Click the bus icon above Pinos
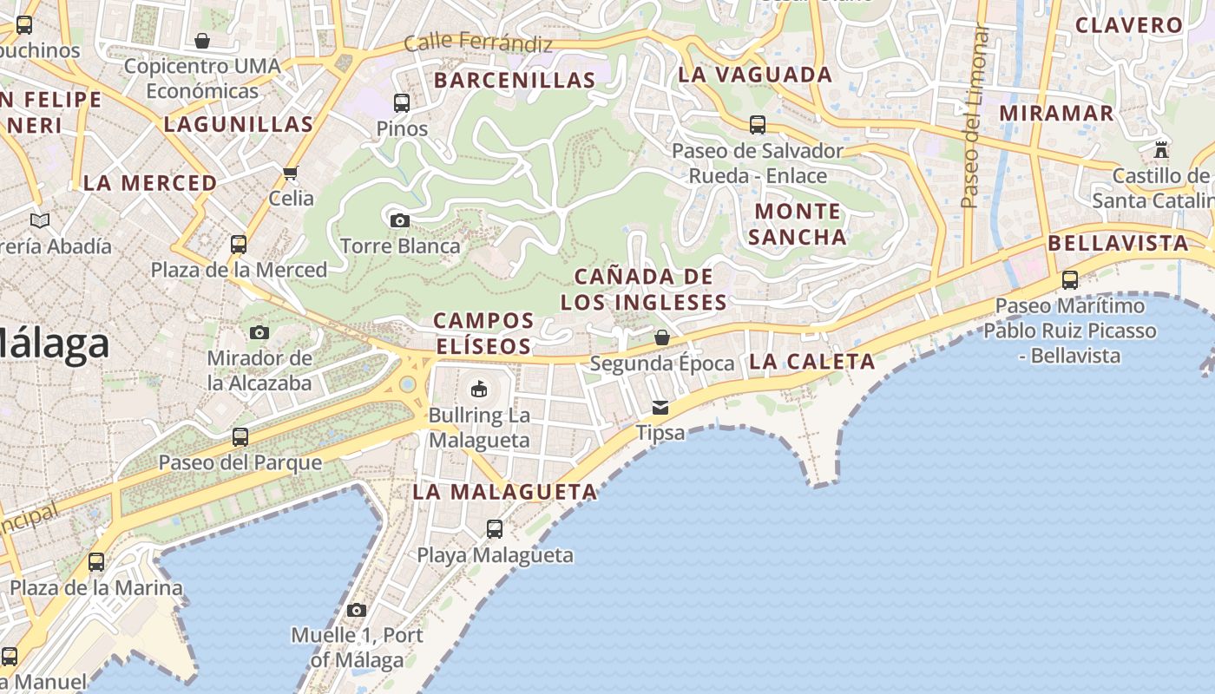coord(402,103)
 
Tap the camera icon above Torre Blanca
coord(400,220)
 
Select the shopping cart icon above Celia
coord(291,173)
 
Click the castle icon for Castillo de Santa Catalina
coord(1161,150)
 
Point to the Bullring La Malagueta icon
coord(479,389)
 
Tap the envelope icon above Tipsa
coord(661,407)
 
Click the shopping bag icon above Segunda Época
coord(662,337)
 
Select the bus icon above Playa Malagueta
coord(495,528)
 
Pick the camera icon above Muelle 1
coord(357,610)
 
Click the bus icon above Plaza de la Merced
coord(239,245)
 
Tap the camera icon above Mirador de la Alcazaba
coord(259,332)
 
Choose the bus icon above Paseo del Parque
coord(240,437)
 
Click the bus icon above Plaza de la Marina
coord(96,562)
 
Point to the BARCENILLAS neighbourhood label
coord(515,81)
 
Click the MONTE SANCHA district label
coord(798,224)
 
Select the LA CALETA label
coord(811,362)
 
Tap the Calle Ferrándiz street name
coord(478,42)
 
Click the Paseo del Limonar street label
coord(975,117)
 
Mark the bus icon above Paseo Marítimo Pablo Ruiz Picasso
coord(1070,280)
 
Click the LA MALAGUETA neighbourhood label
coord(505,492)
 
